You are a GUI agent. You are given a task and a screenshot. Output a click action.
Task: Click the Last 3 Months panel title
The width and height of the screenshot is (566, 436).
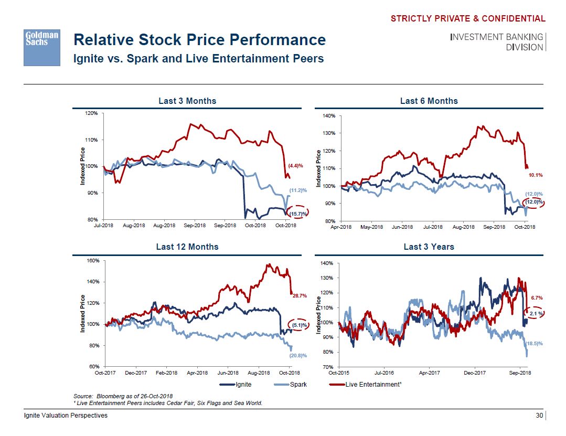187,101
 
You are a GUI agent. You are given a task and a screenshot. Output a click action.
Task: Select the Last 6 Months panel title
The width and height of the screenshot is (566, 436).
429,101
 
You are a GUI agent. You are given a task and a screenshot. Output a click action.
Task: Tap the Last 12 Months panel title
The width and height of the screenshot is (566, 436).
187,247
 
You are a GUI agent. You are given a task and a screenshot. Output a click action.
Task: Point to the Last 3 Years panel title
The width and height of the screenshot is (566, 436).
429,247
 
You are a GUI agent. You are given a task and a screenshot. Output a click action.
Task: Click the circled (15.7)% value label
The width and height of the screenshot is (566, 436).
298,214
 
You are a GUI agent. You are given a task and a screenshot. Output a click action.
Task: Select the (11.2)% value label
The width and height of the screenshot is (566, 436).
298,190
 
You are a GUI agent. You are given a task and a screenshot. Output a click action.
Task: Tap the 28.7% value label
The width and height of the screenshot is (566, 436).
300,296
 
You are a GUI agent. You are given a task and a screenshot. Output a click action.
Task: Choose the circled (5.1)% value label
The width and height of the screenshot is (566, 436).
299,325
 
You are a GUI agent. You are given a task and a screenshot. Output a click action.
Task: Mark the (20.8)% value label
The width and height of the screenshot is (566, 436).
297,355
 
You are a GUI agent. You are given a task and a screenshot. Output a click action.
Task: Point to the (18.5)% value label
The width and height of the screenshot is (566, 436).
534,343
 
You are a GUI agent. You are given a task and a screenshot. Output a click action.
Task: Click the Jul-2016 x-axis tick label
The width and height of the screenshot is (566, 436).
384,373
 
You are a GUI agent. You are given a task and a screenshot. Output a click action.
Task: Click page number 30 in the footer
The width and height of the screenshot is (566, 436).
539,416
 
